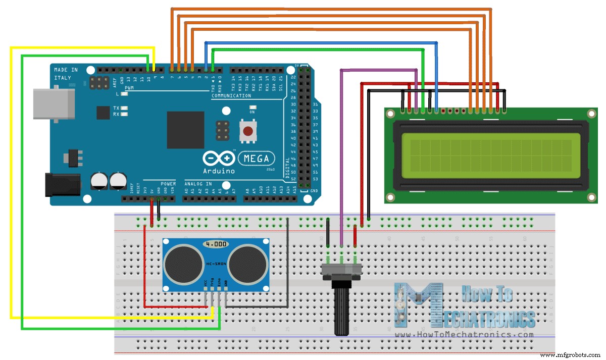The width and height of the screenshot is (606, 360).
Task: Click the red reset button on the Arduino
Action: [x=247, y=131]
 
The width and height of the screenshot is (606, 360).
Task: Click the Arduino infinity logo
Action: [x=219, y=159]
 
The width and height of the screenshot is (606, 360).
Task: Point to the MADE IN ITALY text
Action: [x=66, y=74]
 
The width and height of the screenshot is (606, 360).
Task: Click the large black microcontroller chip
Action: [x=185, y=130]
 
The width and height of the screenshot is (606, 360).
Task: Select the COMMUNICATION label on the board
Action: [x=231, y=96]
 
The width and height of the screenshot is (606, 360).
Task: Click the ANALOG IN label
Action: [x=198, y=184]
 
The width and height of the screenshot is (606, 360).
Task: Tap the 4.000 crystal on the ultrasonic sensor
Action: [x=216, y=244]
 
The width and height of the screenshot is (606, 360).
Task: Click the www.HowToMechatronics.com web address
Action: [x=465, y=335]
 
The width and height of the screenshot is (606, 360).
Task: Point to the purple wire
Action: [x=342, y=151]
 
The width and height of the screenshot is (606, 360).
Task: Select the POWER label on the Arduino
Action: [x=168, y=184]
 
